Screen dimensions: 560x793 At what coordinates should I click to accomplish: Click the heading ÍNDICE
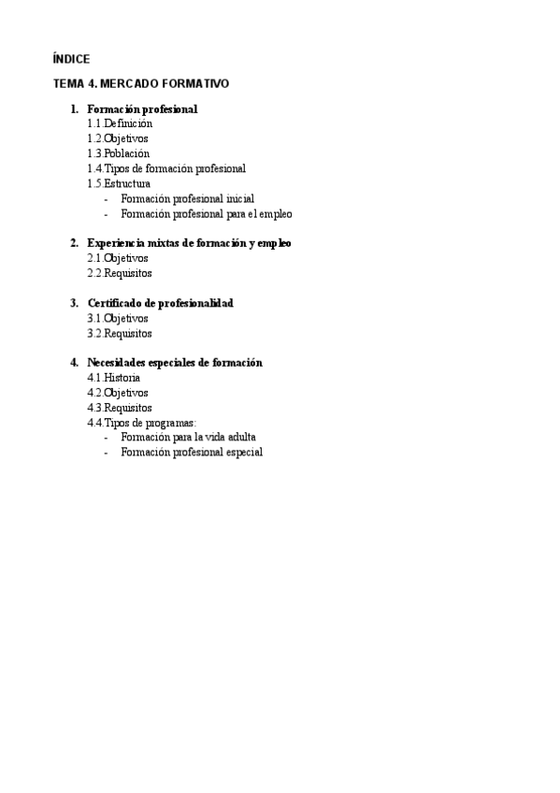(x=71, y=59)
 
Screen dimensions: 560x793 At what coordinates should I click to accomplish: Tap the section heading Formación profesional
(x=142, y=109)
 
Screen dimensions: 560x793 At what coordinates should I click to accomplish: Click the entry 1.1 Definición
(x=120, y=123)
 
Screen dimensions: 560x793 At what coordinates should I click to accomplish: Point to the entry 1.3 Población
(x=118, y=153)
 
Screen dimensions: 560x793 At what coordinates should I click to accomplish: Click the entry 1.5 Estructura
(x=119, y=183)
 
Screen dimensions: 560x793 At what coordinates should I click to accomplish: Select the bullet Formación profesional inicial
(x=187, y=198)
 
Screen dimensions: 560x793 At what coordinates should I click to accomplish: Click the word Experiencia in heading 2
(x=116, y=243)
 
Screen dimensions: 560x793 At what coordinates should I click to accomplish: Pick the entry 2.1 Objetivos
(x=118, y=258)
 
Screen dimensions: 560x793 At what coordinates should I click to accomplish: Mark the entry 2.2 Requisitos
(x=120, y=273)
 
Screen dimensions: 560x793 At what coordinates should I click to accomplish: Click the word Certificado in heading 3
(x=116, y=303)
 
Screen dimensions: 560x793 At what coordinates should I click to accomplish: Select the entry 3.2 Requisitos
(x=120, y=333)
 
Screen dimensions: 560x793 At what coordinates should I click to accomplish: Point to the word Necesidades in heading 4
(x=119, y=363)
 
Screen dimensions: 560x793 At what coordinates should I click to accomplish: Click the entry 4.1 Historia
(x=114, y=378)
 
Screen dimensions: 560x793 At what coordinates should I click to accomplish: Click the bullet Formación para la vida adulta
(x=188, y=437)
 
